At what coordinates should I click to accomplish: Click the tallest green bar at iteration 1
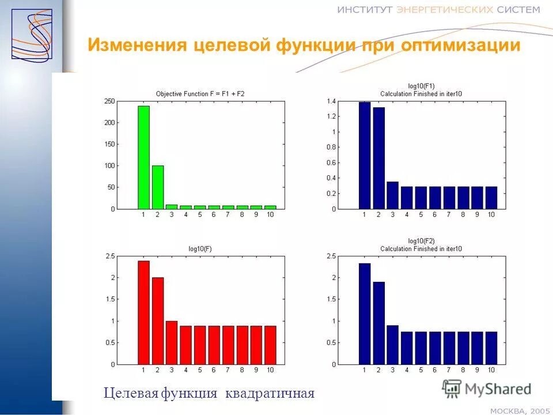click(143, 157)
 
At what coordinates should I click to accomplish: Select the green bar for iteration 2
click(157, 187)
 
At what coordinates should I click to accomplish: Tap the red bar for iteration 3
click(171, 343)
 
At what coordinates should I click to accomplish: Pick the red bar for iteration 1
click(143, 313)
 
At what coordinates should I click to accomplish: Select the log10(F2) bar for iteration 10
click(491, 348)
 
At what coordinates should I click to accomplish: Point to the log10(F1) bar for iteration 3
click(392, 195)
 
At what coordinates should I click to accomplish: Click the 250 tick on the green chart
click(109, 101)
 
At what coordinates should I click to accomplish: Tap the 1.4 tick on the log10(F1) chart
click(331, 101)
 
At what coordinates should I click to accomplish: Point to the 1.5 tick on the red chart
click(109, 299)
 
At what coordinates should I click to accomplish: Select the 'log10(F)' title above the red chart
click(200, 249)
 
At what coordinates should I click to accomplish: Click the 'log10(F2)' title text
click(421, 241)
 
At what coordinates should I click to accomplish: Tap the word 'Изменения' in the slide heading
click(137, 45)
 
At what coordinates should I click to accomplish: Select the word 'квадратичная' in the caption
click(270, 394)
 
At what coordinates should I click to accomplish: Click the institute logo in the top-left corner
click(32, 34)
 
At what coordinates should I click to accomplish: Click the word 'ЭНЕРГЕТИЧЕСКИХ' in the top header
click(444, 9)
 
